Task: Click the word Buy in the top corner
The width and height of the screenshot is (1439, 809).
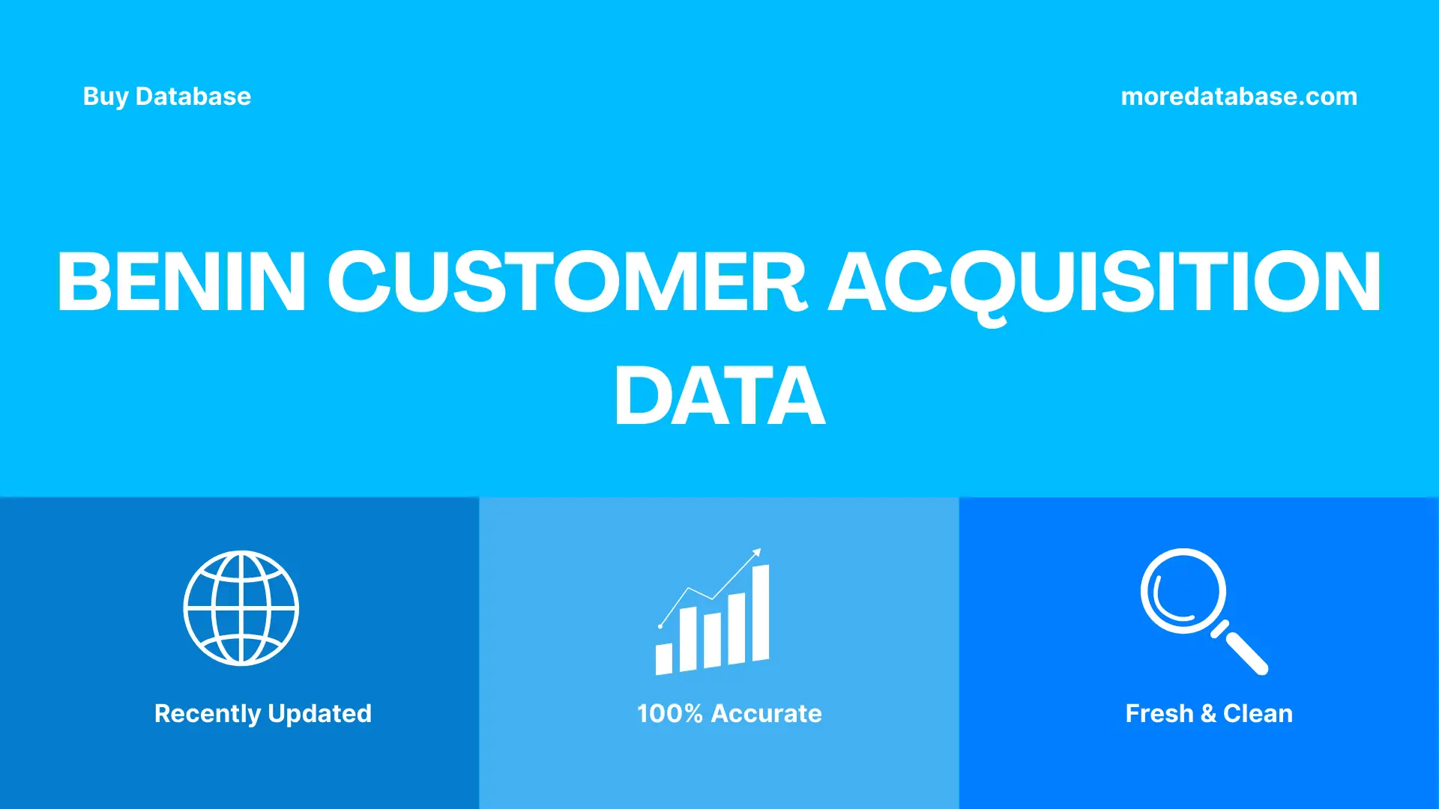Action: coord(105,97)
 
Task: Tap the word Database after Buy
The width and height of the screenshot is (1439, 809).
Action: coord(193,97)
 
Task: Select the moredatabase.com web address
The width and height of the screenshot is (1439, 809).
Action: coord(1239,97)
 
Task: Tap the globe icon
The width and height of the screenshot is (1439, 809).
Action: coord(241,608)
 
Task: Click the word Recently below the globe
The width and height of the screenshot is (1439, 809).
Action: coord(207,714)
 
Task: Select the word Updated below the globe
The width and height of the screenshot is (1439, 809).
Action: coord(319,714)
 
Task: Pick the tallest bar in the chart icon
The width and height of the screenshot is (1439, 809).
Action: coord(760,613)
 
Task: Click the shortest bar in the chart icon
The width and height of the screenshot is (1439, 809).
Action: coord(664,658)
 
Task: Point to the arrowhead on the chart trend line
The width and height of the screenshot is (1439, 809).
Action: coord(757,553)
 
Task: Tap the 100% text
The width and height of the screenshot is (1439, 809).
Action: coord(669,714)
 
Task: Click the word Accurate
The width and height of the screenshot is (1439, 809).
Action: coord(766,714)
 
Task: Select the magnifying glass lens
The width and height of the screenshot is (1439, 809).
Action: coord(1183,591)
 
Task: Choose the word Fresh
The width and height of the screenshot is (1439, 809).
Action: coord(1159,714)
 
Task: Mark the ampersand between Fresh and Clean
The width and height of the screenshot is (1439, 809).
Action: coord(1208,714)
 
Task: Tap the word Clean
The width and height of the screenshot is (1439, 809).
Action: coord(1258,714)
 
